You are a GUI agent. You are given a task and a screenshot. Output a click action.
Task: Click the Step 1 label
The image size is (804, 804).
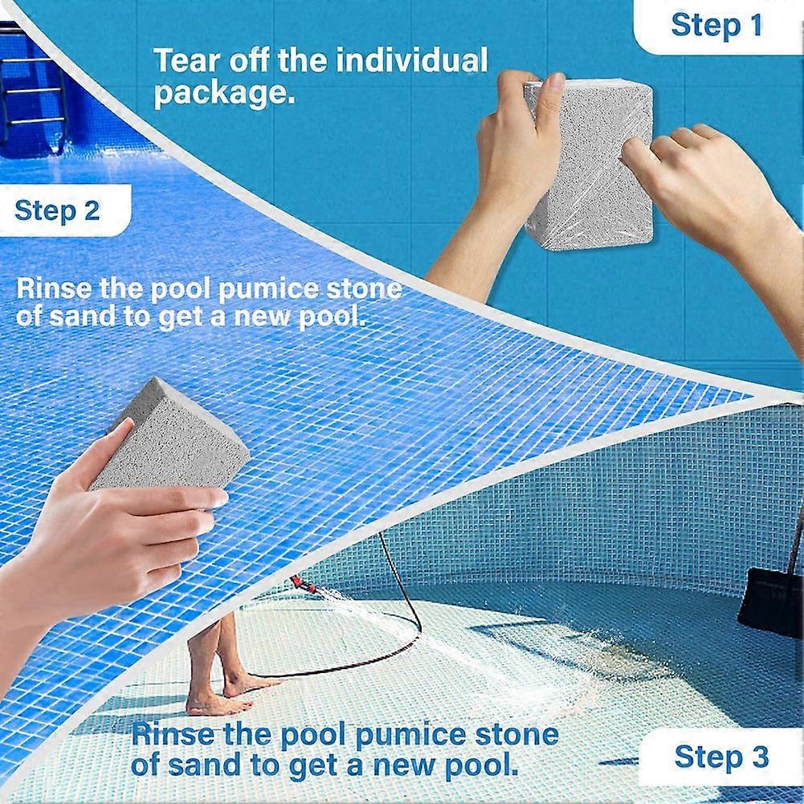716,25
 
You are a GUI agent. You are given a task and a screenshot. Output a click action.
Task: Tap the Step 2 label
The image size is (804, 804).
58,210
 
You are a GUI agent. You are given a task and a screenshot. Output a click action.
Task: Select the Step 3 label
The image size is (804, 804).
720,757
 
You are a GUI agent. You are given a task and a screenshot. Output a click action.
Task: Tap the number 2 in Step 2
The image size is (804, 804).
92,210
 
